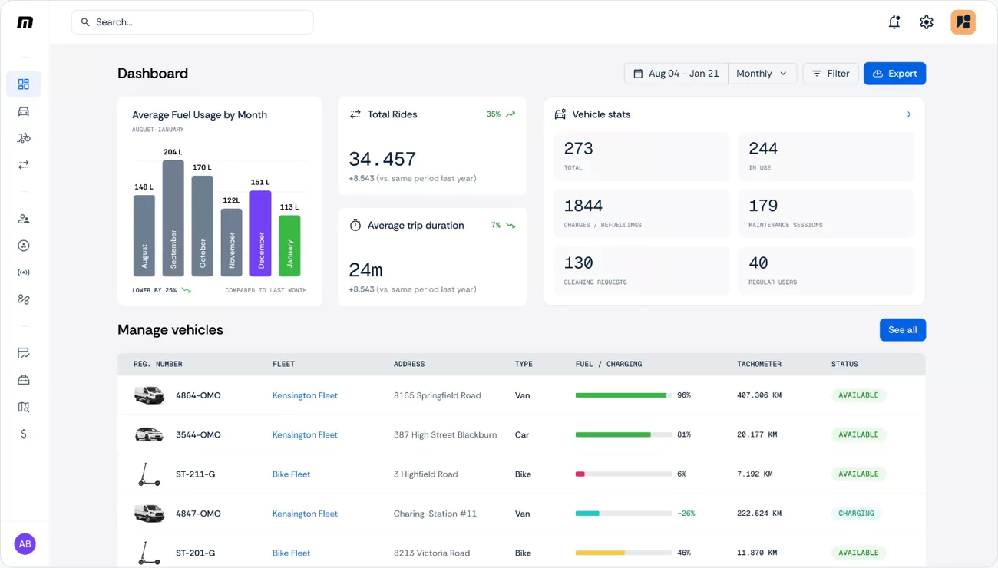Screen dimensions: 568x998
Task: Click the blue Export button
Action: pyautogui.click(x=894, y=74)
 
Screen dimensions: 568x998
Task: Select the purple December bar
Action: pyautogui.click(x=261, y=233)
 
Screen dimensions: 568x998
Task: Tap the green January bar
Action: pyautogui.click(x=289, y=246)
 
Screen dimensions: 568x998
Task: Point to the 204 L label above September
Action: pyautogui.click(x=173, y=152)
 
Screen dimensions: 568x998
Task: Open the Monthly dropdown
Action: pyautogui.click(x=762, y=74)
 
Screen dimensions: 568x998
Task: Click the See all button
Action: pyautogui.click(x=902, y=330)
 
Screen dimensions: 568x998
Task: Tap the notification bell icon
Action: pyautogui.click(x=894, y=22)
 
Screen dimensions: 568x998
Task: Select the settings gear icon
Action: pyautogui.click(x=926, y=22)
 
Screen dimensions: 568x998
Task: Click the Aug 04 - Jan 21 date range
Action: pyautogui.click(x=676, y=74)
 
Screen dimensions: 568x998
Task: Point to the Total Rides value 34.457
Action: pyautogui.click(x=382, y=159)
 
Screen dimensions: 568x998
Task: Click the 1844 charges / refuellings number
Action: pyautogui.click(x=583, y=206)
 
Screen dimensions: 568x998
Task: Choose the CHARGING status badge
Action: pyautogui.click(x=856, y=514)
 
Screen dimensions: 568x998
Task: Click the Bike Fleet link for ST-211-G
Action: pyautogui.click(x=291, y=474)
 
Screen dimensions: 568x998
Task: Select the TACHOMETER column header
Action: pyautogui.click(x=758, y=364)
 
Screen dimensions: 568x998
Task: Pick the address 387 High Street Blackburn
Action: pyautogui.click(x=444, y=434)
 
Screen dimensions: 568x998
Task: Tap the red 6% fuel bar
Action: pyautogui.click(x=580, y=474)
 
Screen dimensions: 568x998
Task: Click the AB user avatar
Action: pyautogui.click(x=25, y=544)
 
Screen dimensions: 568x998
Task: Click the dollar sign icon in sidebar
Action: pyautogui.click(x=24, y=434)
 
